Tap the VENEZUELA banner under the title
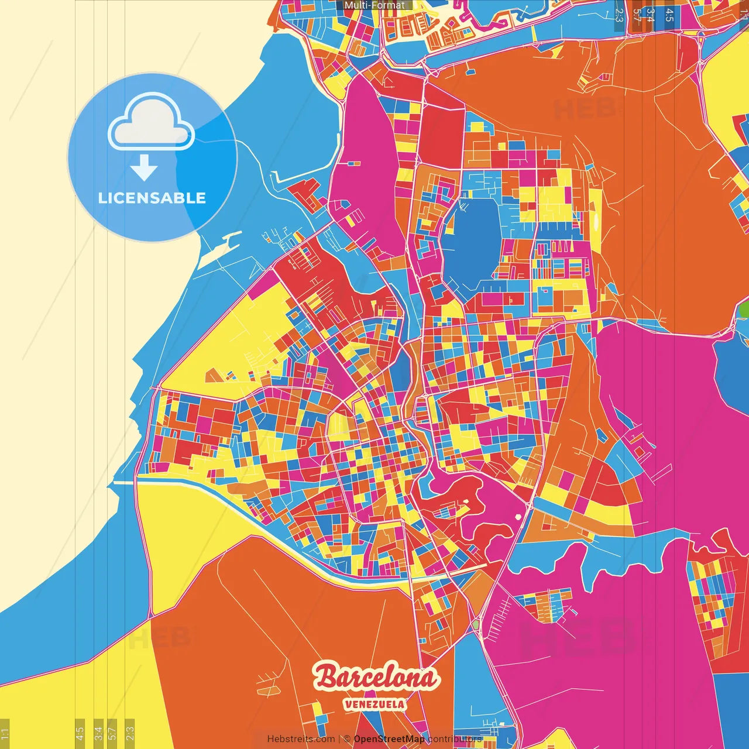374,704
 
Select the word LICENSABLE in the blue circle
152,198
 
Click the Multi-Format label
374,5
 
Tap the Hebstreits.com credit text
301,739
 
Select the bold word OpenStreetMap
389,739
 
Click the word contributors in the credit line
455,739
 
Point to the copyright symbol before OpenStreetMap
347,739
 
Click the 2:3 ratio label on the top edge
619,15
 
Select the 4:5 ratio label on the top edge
669,15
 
